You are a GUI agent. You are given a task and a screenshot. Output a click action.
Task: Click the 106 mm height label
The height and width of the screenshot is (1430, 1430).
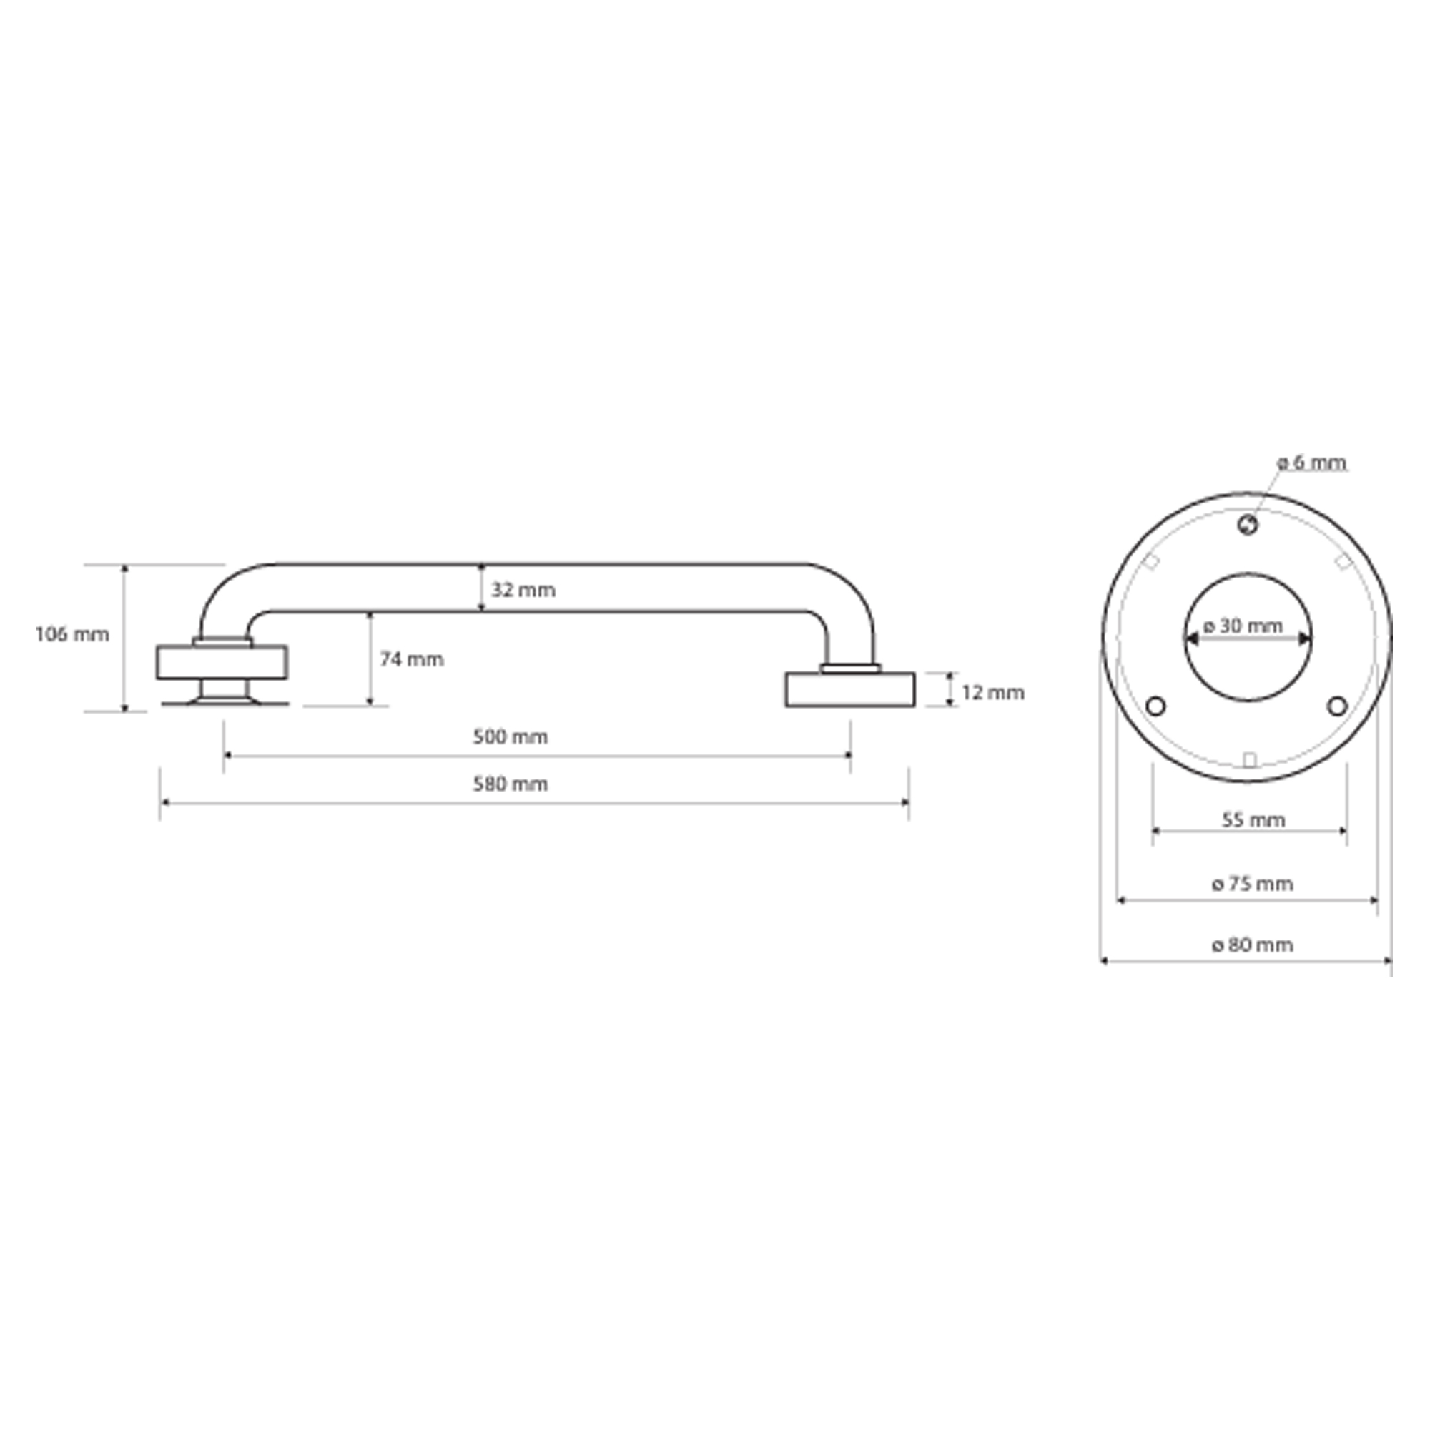click(x=72, y=634)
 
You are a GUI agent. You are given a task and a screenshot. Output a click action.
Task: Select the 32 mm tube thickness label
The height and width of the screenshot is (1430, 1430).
click(x=523, y=590)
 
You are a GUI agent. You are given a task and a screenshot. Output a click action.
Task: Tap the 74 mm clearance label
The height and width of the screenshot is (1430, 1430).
click(x=413, y=659)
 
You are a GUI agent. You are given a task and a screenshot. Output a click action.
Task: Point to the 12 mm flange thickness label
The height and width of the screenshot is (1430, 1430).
click(x=993, y=693)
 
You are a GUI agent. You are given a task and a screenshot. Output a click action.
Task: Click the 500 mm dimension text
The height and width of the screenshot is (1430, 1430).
click(x=511, y=737)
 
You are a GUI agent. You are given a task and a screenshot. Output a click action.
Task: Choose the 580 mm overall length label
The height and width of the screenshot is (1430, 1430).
click(x=511, y=784)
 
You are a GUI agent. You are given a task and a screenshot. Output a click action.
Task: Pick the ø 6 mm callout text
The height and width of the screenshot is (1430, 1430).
click(x=1311, y=463)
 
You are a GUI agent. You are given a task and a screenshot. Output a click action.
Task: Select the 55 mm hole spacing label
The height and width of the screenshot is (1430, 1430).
click(x=1253, y=820)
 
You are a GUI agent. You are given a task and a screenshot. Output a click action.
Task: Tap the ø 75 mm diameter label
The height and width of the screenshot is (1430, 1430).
click(x=1253, y=884)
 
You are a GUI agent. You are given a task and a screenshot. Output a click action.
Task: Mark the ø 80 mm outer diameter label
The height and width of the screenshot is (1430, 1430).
click(x=1253, y=945)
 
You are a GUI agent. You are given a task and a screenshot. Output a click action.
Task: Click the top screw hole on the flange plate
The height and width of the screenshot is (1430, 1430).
click(x=1248, y=526)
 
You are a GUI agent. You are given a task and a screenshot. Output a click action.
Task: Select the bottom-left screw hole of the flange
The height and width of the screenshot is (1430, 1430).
click(x=1155, y=706)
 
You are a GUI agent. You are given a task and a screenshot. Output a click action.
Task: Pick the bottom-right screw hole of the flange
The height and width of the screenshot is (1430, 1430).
click(x=1337, y=706)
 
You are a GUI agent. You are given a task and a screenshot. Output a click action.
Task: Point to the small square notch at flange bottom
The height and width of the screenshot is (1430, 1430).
click(x=1248, y=760)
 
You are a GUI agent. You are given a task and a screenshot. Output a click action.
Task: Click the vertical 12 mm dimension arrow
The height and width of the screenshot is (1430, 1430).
click(x=950, y=689)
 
